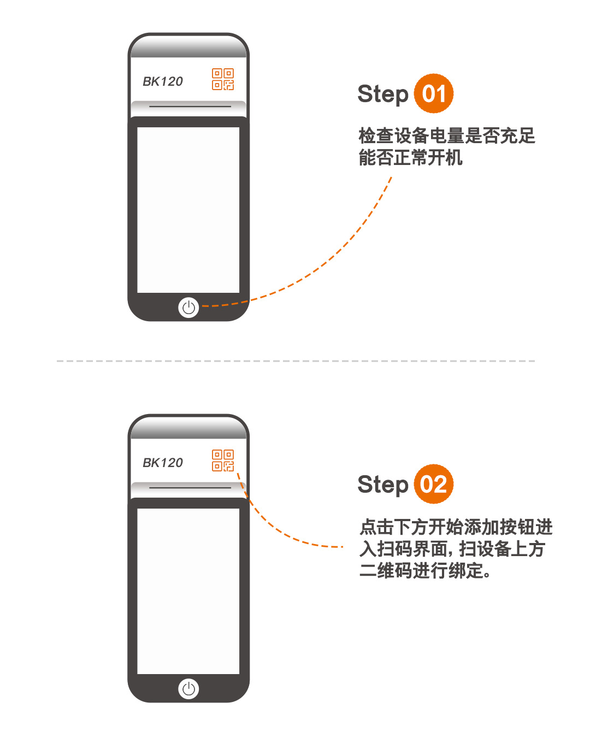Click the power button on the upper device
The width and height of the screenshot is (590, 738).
pos(188,307)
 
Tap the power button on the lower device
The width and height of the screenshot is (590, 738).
pos(188,688)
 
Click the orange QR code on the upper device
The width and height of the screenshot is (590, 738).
pos(223,79)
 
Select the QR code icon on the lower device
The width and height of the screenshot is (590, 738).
pos(223,460)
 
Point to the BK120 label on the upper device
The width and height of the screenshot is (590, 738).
pos(163,81)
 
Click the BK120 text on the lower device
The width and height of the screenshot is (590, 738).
pos(163,463)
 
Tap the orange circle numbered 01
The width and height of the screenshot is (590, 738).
pos(434,93)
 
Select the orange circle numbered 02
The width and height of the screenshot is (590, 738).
pos(434,484)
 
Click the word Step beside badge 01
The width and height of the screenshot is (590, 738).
pos(383,95)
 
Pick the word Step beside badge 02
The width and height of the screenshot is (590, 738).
pos(383,485)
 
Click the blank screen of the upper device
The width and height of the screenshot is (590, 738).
pos(188,210)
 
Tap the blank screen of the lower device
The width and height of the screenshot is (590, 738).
pos(188,591)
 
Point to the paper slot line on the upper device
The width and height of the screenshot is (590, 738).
pos(190,107)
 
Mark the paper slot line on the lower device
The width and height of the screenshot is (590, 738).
pos(190,487)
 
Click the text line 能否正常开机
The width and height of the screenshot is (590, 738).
pos(411,158)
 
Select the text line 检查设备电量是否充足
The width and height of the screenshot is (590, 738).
pos(447,135)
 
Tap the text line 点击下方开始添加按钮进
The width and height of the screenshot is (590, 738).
pos(456,527)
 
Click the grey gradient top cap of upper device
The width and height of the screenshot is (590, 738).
pos(188,46)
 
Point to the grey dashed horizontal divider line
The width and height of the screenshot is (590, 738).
pos(296,361)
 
